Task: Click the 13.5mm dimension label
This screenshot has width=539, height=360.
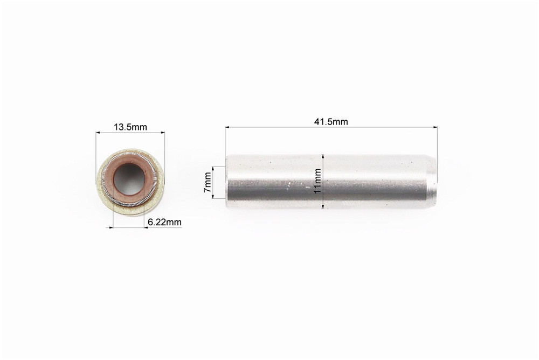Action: (x=130, y=127)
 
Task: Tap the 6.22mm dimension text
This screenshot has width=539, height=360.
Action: (x=164, y=223)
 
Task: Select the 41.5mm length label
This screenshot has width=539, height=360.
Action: (x=331, y=122)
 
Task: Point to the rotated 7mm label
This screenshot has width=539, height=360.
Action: (x=208, y=182)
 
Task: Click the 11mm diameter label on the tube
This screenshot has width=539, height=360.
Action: (x=317, y=181)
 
